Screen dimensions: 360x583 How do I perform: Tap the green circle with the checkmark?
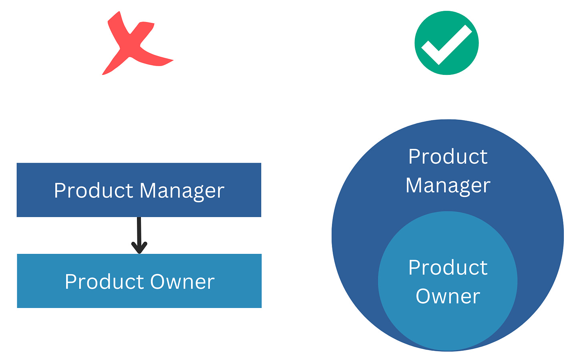pos(446,43)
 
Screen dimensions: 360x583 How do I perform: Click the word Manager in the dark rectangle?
pos(182,191)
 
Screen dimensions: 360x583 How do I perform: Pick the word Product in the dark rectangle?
pos(93,191)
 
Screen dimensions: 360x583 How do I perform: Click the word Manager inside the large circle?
pos(448,186)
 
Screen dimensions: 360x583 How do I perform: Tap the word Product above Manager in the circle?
pos(448,157)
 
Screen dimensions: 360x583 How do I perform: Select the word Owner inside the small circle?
pos(448,297)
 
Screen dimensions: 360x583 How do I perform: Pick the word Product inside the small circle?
pos(448,267)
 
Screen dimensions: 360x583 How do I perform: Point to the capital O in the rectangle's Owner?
pos(158,282)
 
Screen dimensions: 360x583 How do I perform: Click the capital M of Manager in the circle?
pos(414,186)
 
